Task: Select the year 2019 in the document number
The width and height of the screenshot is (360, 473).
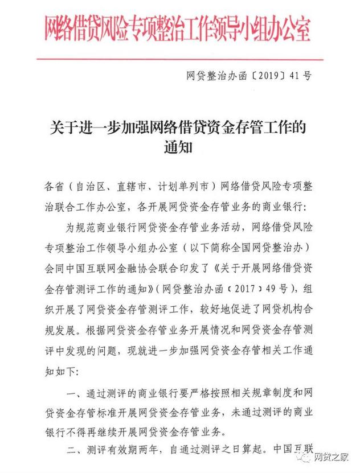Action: point(267,75)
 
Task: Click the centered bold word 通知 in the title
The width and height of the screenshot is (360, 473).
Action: point(179,147)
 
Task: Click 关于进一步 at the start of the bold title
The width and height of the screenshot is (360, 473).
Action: point(74,126)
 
